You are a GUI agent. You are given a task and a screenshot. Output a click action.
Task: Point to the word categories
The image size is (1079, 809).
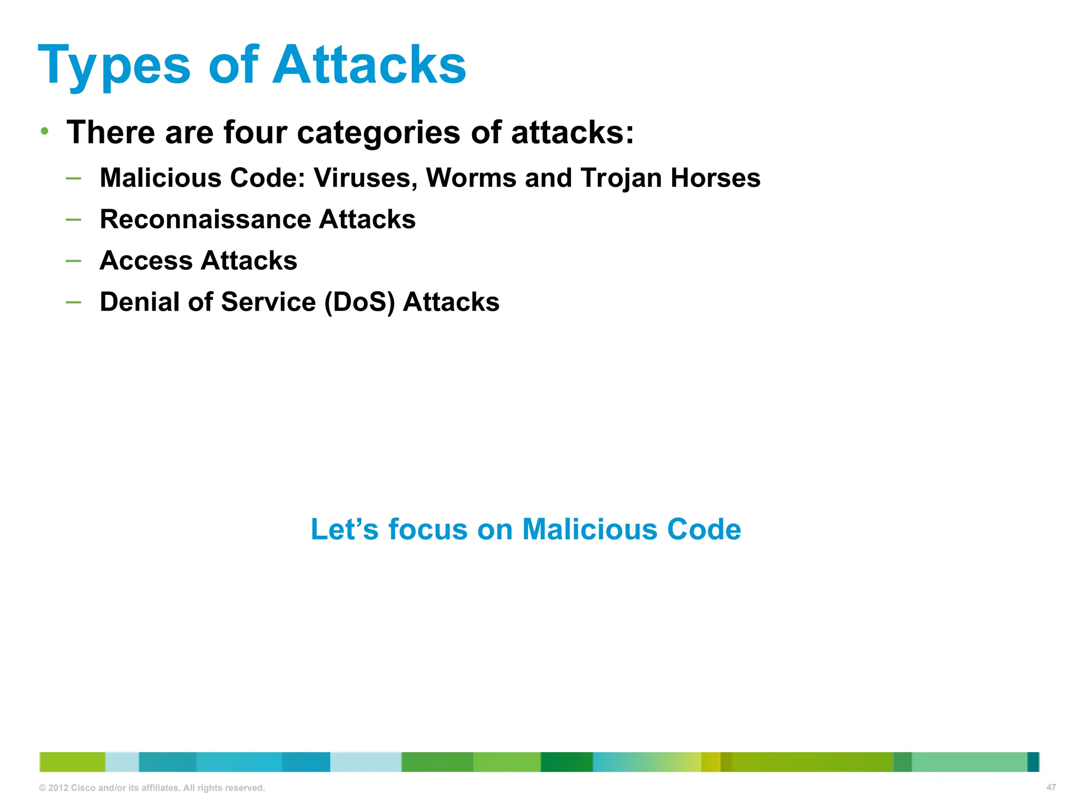click(x=379, y=133)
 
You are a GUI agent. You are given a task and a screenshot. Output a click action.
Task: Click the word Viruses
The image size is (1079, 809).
click(x=366, y=178)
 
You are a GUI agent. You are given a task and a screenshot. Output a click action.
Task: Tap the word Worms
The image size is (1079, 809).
click(x=470, y=178)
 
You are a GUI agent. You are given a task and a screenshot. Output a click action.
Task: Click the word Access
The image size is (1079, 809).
click(x=146, y=261)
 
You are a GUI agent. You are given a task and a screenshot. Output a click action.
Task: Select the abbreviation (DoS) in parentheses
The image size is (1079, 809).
click(x=359, y=303)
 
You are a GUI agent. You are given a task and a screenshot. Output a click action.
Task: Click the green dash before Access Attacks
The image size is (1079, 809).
click(x=73, y=261)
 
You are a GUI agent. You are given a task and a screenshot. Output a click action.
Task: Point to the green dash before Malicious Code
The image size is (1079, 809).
click(x=73, y=178)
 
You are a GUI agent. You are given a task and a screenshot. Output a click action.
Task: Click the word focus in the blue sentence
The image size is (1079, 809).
click(x=428, y=529)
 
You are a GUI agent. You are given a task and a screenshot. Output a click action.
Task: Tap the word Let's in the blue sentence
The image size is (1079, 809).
click(x=344, y=529)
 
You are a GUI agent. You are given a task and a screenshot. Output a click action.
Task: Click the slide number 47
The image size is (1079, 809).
click(x=1051, y=787)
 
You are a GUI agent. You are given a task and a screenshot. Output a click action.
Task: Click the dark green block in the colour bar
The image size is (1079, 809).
click(x=566, y=762)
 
